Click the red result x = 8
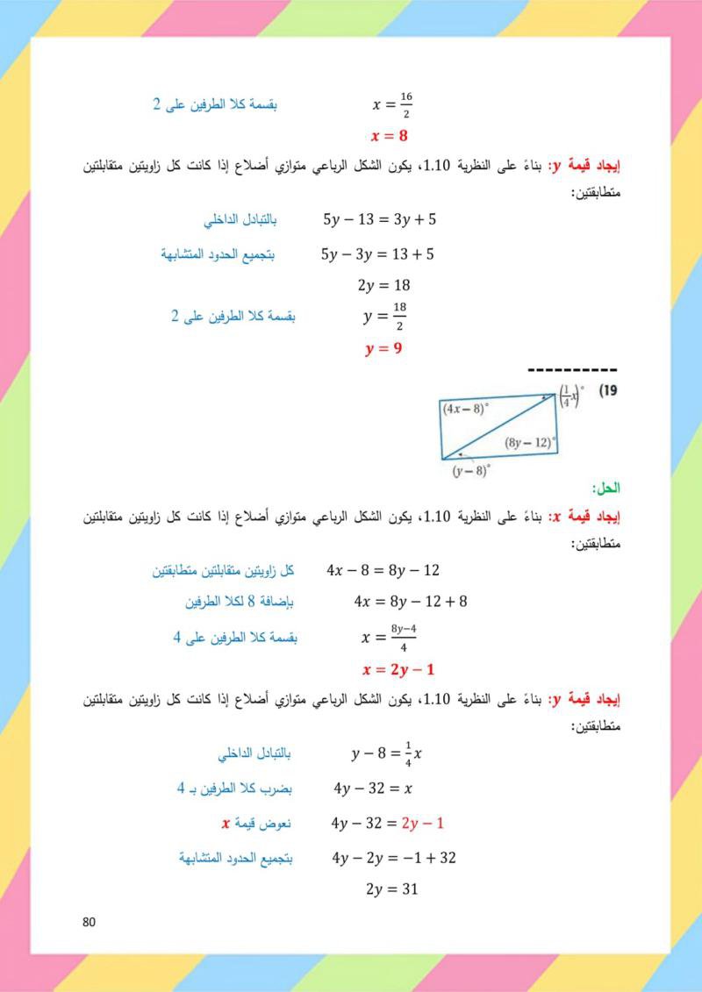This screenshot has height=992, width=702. [x=390, y=136]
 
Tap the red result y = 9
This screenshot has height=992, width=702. [x=383, y=348]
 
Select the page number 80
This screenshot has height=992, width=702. [x=87, y=922]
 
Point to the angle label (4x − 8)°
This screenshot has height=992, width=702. [x=468, y=408]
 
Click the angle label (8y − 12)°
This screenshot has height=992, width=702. [x=530, y=443]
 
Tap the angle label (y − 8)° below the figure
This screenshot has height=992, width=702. [x=471, y=471]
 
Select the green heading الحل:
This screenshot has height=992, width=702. [x=606, y=488]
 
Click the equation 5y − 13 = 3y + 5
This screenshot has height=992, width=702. [x=379, y=220]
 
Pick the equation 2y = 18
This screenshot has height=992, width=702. [x=384, y=285]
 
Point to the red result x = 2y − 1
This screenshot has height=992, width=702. [x=399, y=670]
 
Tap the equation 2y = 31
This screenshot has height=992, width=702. [x=390, y=889]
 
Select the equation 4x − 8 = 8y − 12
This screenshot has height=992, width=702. [x=383, y=571]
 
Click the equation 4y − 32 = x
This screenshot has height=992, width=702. [x=372, y=789]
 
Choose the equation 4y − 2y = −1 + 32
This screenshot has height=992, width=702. [x=394, y=858]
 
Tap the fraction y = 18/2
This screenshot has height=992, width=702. [x=385, y=317]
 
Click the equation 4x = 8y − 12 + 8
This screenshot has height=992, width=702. [x=411, y=602]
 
